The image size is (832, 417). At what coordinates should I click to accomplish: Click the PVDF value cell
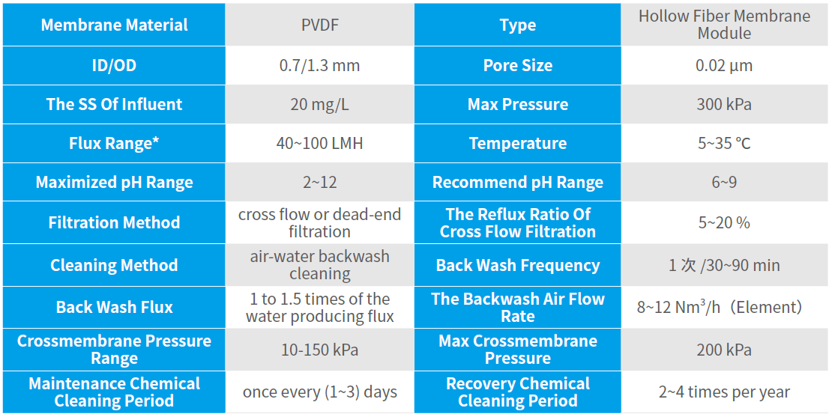(319, 25)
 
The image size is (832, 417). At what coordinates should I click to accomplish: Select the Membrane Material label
(114, 25)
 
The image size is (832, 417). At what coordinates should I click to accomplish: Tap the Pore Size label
(517, 65)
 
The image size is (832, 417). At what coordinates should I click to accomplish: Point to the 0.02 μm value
(723, 65)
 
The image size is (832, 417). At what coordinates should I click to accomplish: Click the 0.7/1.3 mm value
(319, 65)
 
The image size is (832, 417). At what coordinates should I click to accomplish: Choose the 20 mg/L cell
(319, 104)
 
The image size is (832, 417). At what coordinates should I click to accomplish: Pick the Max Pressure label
(517, 104)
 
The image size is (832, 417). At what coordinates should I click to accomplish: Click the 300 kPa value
(723, 104)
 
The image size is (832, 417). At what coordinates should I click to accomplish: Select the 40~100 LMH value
(319, 143)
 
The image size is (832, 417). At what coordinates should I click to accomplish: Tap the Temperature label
(517, 143)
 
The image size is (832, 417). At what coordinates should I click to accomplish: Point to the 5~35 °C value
(723, 143)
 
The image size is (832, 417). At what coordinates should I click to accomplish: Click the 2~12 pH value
(319, 183)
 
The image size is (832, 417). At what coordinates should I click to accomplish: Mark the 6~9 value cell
(723, 183)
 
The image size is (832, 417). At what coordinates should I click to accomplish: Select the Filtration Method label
(114, 222)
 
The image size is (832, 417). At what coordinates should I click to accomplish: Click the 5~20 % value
(723, 222)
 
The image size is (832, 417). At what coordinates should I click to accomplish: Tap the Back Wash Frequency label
(517, 265)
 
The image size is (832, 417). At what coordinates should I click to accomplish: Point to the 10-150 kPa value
(319, 350)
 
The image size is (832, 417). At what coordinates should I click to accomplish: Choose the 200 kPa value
(723, 350)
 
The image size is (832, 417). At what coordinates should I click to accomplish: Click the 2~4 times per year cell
(723, 392)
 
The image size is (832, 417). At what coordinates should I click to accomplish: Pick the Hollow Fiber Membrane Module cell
(723, 25)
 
